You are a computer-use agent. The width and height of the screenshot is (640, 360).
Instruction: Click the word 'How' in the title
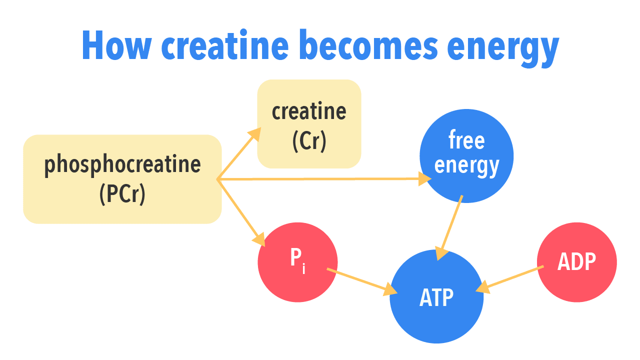(115, 45)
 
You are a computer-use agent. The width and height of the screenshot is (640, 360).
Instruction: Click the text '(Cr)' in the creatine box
(309, 140)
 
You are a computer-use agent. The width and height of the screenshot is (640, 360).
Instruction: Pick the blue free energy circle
(466, 155)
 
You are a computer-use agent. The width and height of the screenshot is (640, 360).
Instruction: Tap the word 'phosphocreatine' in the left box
(122, 164)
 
